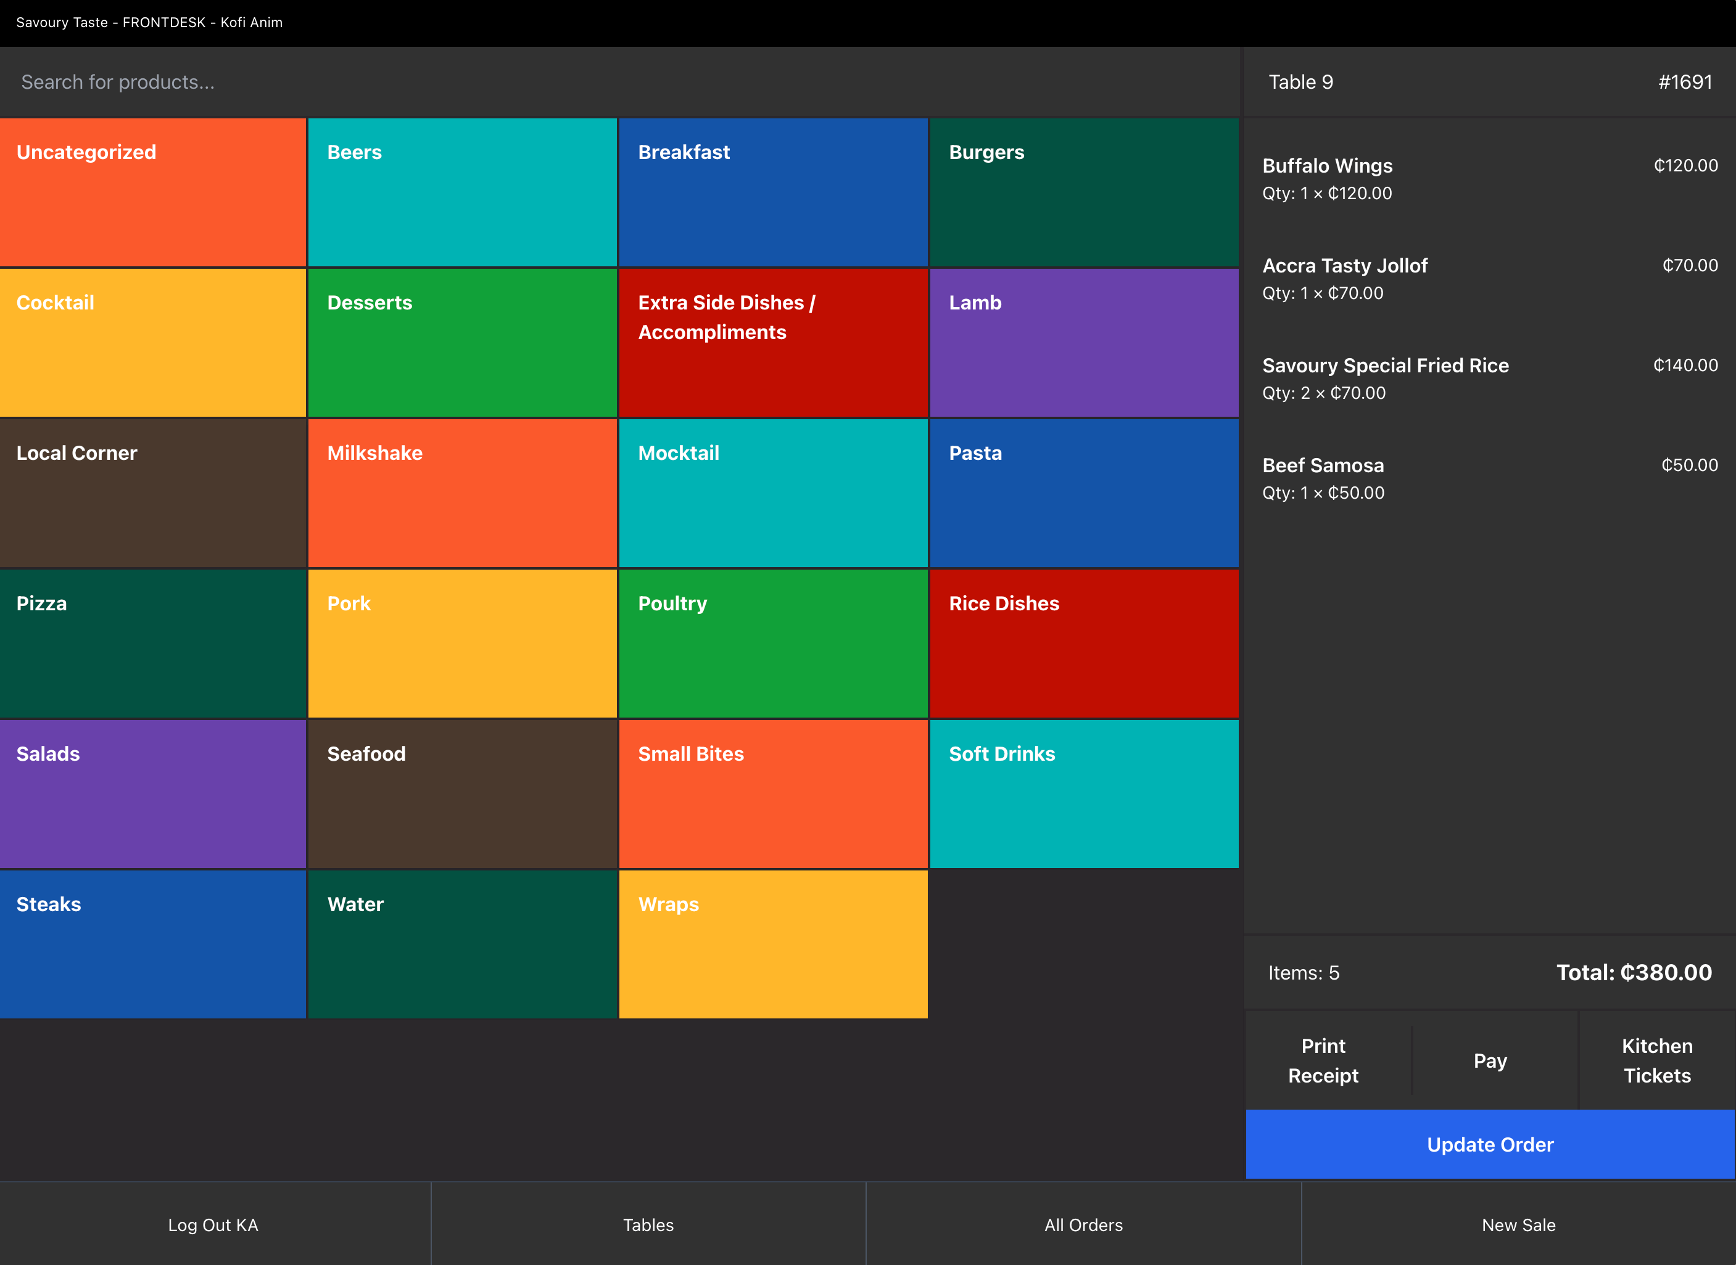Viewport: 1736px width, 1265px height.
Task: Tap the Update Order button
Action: pyautogui.click(x=1489, y=1144)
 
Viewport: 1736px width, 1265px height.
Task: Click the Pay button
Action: pyautogui.click(x=1489, y=1060)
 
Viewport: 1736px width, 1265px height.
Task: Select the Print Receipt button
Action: pyautogui.click(x=1323, y=1060)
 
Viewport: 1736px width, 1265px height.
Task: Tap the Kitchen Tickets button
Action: pyautogui.click(x=1656, y=1060)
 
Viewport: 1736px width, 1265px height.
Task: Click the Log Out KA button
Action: pyautogui.click(x=213, y=1224)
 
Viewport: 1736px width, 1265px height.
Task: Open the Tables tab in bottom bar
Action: pyautogui.click(x=648, y=1224)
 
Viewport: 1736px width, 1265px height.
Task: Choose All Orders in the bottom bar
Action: pyautogui.click(x=1083, y=1224)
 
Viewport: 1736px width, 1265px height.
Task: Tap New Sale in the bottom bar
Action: pyautogui.click(x=1518, y=1224)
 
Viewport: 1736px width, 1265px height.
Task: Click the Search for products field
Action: pyautogui.click(x=613, y=82)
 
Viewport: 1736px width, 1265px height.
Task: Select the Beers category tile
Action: pyautogui.click(x=462, y=192)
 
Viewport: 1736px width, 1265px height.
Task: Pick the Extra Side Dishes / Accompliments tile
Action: pyautogui.click(x=772, y=342)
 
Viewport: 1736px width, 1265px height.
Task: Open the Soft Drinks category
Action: pyautogui.click(x=1083, y=793)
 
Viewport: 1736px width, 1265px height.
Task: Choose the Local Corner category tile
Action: pyautogui.click(x=152, y=493)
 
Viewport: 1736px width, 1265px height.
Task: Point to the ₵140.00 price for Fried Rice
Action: pyautogui.click(x=1685, y=365)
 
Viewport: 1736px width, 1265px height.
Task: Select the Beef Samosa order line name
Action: pyautogui.click(x=1323, y=465)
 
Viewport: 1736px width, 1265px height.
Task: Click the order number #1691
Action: pyautogui.click(x=1685, y=82)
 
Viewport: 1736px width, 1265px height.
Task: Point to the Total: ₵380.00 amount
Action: pyautogui.click(x=1634, y=973)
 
